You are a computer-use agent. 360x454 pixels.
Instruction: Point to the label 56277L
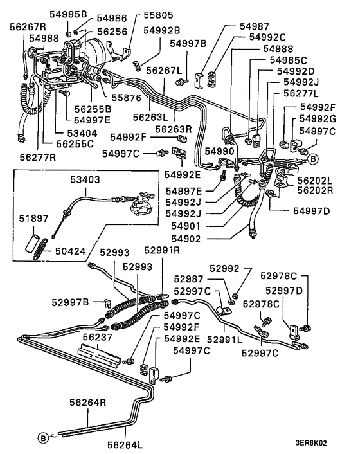pyautogui.click(x=301, y=94)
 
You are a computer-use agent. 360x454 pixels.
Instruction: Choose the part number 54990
pyautogui.click(x=220, y=150)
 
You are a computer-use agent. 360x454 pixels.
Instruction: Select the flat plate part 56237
pyautogui.click(x=97, y=353)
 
